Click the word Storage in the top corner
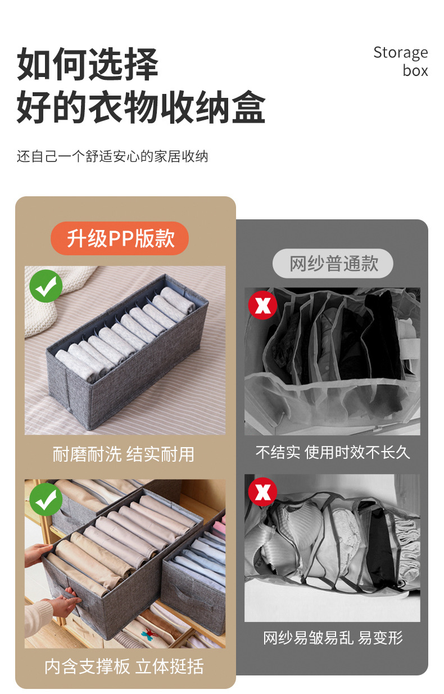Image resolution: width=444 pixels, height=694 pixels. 400,53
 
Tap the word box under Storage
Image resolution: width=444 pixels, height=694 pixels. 415,71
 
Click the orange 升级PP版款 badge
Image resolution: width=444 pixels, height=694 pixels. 120,238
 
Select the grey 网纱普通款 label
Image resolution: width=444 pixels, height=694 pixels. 333,263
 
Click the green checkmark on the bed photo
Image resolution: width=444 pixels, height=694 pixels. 46,286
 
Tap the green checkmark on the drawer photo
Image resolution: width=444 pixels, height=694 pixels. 46,499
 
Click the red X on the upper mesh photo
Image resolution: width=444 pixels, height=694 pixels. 262,305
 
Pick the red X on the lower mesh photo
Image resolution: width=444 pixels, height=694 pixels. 262,492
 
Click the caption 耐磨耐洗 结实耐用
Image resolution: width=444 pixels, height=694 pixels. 124,454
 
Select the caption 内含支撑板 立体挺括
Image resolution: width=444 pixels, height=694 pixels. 124,666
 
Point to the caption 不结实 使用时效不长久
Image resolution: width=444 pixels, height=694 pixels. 333,452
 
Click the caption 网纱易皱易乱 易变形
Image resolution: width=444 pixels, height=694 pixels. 333,638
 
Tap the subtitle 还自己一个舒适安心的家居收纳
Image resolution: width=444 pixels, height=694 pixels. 112,156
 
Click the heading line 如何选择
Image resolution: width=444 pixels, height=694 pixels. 87,65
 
